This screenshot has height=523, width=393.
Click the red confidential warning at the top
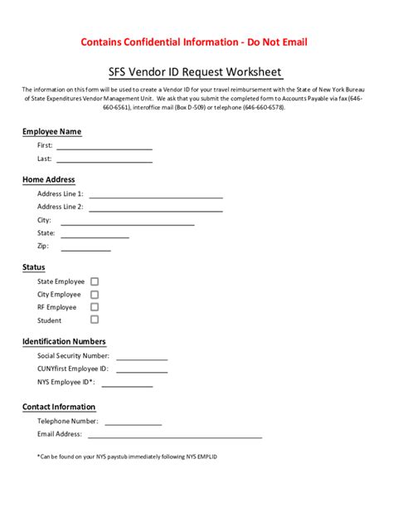click(x=196, y=42)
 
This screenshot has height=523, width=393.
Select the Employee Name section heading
click(x=51, y=132)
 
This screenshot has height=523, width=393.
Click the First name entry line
click(x=104, y=148)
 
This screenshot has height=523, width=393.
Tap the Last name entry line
click(x=104, y=160)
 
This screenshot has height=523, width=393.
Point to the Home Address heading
click(x=48, y=180)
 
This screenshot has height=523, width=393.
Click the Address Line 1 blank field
click(x=156, y=197)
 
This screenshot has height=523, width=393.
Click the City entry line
click(x=128, y=223)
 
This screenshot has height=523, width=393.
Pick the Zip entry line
click(x=85, y=249)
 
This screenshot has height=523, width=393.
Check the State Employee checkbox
click(x=95, y=282)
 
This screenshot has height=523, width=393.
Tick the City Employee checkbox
click(x=95, y=295)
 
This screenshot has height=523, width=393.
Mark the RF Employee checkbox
click(x=95, y=307)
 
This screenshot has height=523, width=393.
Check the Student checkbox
click(x=95, y=320)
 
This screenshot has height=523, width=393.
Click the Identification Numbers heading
click(x=64, y=342)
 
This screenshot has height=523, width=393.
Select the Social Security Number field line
click(x=142, y=359)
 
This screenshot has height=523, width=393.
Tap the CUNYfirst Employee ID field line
click(x=141, y=371)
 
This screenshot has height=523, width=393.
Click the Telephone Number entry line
click(x=142, y=423)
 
